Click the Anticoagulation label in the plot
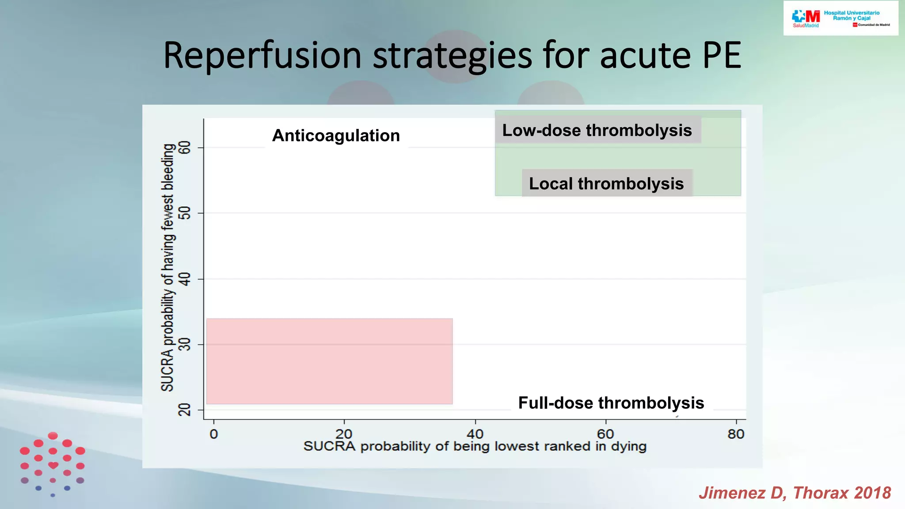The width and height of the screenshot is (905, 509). click(336, 136)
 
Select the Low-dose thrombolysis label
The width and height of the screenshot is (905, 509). click(597, 130)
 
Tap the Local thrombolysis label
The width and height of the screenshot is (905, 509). click(606, 183)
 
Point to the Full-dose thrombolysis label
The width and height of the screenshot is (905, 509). click(611, 403)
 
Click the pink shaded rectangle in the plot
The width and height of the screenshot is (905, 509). click(329, 361)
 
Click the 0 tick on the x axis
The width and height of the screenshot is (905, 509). click(214, 434)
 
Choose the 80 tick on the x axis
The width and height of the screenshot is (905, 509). click(736, 434)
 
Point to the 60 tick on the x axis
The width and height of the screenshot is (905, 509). click(605, 434)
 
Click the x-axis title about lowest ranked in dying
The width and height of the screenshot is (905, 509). click(475, 446)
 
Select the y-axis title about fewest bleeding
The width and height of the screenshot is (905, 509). click(167, 267)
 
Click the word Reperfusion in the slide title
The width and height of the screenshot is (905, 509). click(262, 56)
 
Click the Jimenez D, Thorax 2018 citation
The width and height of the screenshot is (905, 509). click(795, 493)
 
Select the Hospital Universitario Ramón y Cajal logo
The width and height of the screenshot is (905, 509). click(840, 19)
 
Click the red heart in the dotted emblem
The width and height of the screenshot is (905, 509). click(53, 465)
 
